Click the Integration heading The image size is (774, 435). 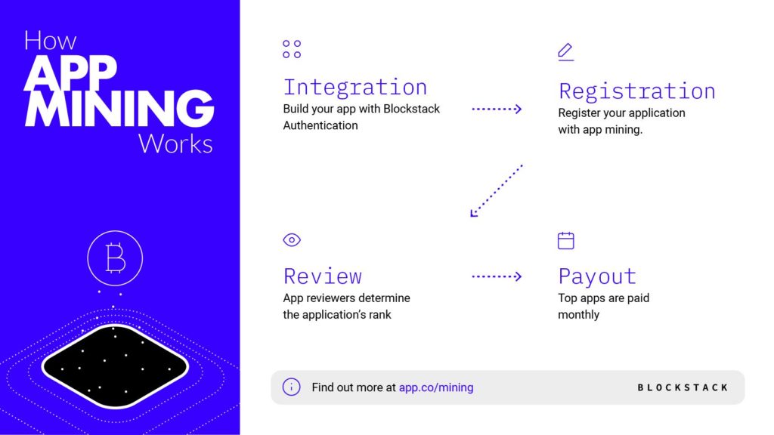click(x=355, y=88)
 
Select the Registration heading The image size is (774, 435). click(x=636, y=91)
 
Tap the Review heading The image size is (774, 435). click(x=322, y=276)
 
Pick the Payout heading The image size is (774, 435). click(x=597, y=276)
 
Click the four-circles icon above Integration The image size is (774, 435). click(x=292, y=49)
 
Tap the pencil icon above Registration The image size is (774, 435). click(x=565, y=52)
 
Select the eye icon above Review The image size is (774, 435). click(x=292, y=239)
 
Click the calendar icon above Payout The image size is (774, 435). click(x=565, y=241)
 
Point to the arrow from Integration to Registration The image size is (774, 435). click(x=497, y=109)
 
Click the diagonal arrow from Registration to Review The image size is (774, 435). click(x=496, y=191)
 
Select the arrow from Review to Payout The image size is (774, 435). click(x=497, y=276)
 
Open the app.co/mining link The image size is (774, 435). click(x=436, y=387)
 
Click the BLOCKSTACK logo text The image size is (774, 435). click(x=683, y=387)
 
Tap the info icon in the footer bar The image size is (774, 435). click(x=291, y=387)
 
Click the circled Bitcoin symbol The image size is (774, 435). click(x=115, y=258)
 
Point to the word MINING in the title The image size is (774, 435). click(x=119, y=108)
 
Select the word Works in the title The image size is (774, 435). click(x=175, y=144)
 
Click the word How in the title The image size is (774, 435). click(x=51, y=41)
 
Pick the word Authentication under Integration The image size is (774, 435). click(x=320, y=126)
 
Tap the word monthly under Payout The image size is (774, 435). click(x=578, y=315)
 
